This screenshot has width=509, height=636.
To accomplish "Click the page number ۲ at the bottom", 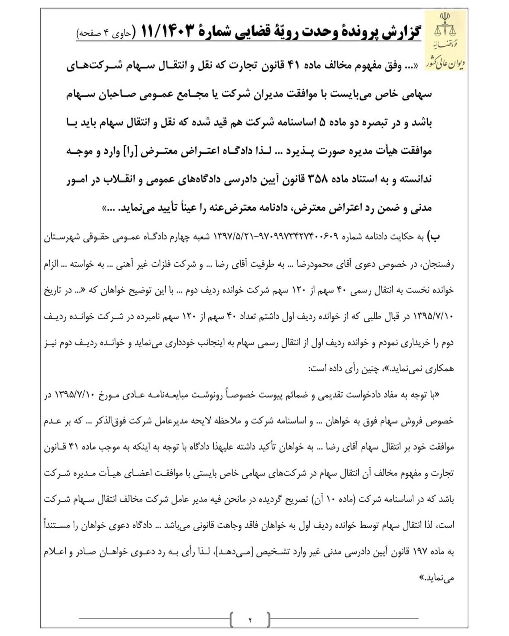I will click(x=250, y=620).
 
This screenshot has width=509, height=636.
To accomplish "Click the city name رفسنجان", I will click(x=439, y=264).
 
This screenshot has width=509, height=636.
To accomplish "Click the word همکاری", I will click(x=441, y=369).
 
